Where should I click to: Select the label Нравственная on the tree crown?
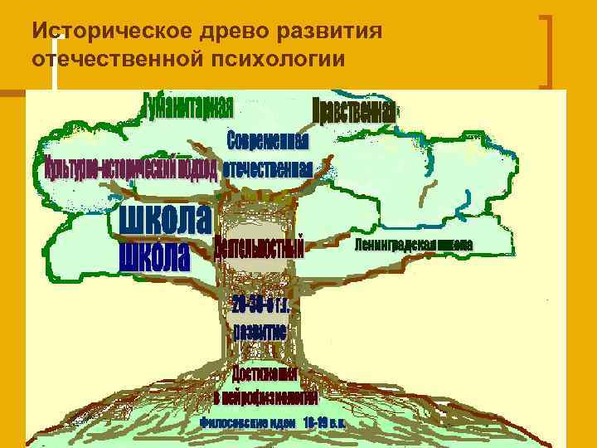click(x=354, y=111)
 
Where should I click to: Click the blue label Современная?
click(x=267, y=140)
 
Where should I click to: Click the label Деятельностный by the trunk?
click(x=259, y=248)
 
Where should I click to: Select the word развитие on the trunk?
click(x=260, y=331)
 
